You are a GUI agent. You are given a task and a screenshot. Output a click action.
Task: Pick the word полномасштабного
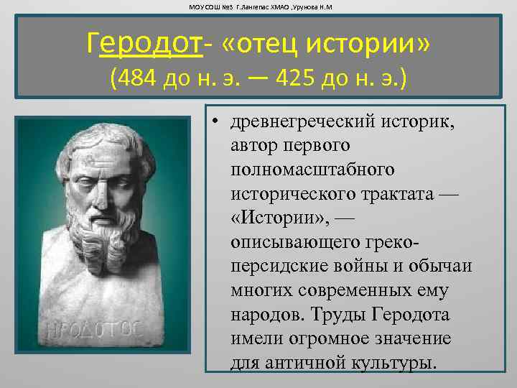313,170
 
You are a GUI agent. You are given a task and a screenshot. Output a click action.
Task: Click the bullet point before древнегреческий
215,121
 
